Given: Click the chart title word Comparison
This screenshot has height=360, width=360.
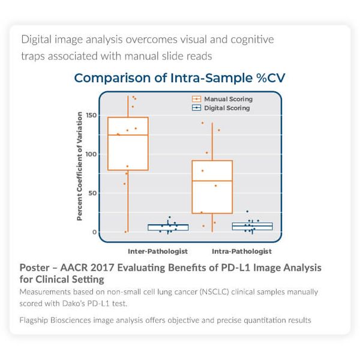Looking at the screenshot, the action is [x=113, y=78].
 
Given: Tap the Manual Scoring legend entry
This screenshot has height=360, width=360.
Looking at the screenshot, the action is [x=222, y=99].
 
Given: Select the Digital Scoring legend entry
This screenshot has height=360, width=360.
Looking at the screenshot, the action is [x=221, y=108].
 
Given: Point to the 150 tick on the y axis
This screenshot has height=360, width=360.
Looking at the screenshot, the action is [x=91, y=115].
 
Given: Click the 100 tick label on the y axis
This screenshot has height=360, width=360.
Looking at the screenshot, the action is [x=91, y=154].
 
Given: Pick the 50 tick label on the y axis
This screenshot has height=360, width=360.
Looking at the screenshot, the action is [x=92, y=193].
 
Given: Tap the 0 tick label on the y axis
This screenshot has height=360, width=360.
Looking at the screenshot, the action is [x=94, y=232].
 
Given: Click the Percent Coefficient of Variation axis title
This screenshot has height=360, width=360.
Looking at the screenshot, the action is [x=79, y=166].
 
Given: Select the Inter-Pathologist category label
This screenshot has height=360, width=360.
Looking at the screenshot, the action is [x=158, y=251].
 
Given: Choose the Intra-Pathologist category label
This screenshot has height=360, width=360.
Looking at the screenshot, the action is [x=242, y=251].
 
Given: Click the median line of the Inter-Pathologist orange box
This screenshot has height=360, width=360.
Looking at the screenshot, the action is [x=128, y=135].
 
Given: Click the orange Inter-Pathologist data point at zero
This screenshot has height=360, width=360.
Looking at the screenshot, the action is [x=125, y=232].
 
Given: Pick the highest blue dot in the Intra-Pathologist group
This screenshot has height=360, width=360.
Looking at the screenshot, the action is [x=247, y=211].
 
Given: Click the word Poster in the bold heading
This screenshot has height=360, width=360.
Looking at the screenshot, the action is [x=34, y=268].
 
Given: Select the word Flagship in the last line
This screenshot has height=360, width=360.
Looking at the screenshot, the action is [x=34, y=320].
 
